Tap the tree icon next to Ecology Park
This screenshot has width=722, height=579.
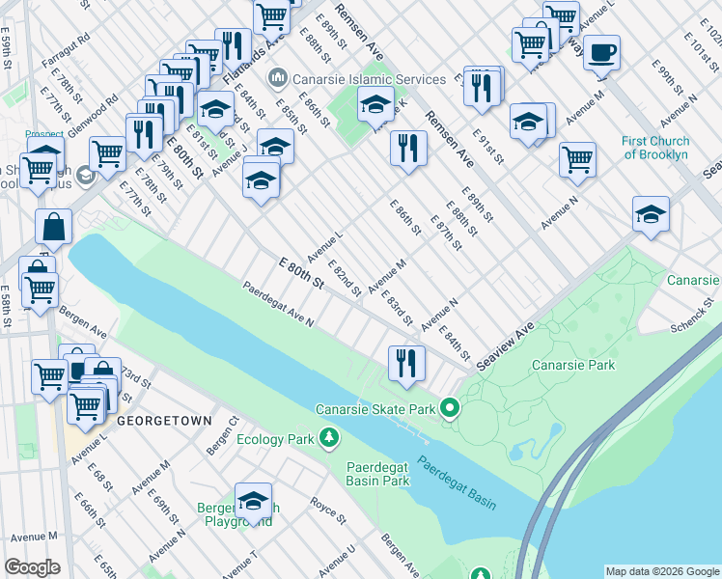pos(330,439)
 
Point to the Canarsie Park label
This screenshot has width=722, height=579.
pos(572,366)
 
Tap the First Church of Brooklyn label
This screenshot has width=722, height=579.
pos(655,148)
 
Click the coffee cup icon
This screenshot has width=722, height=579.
pos(601,52)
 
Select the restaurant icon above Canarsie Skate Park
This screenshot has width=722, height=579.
pos(406,363)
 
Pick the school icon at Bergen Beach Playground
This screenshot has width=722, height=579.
pos(253,501)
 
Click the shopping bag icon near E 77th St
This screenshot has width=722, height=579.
pos(54,228)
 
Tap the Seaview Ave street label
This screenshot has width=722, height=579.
pos(505,344)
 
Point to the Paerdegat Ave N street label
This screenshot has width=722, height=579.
pos(278,304)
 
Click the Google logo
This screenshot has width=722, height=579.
pos(33,566)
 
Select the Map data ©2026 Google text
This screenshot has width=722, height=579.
pos(661,571)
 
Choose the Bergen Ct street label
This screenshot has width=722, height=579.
pos(221,436)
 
